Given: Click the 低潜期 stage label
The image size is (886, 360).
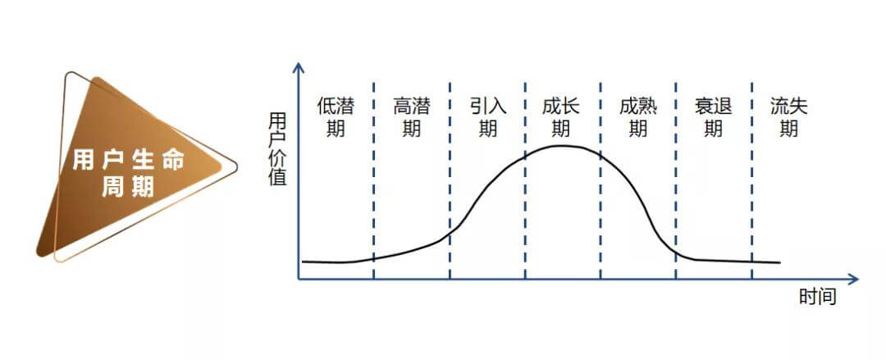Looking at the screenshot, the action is (335, 117).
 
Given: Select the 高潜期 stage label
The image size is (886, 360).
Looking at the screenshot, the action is (411, 117).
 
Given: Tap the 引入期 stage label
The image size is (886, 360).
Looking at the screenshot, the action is (487, 117).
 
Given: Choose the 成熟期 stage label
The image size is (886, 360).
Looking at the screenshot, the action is (638, 117).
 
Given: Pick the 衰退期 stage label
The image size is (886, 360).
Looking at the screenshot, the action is (713, 117).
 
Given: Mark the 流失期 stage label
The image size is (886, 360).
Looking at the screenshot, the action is (789, 117).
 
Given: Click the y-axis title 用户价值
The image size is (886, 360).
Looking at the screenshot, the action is (278, 149).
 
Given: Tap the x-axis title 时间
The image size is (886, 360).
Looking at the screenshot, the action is (817, 296).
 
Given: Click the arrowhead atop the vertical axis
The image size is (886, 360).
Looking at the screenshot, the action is (299, 67).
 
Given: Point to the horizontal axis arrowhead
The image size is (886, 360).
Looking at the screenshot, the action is (853, 279).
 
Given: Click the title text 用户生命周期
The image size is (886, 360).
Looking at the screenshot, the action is (128, 174).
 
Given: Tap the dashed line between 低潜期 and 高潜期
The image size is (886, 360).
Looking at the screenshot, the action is (373, 180).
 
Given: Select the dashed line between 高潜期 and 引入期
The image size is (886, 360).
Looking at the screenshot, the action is (450, 180).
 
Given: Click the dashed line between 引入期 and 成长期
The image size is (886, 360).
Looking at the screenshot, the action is (525, 180).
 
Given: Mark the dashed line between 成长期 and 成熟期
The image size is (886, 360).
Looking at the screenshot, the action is (600, 180).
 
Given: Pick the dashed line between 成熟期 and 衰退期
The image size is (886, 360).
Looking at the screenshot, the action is (676, 180).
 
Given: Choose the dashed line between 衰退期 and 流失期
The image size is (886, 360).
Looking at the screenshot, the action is (752, 180).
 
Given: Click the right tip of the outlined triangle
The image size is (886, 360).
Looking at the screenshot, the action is (236, 166).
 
